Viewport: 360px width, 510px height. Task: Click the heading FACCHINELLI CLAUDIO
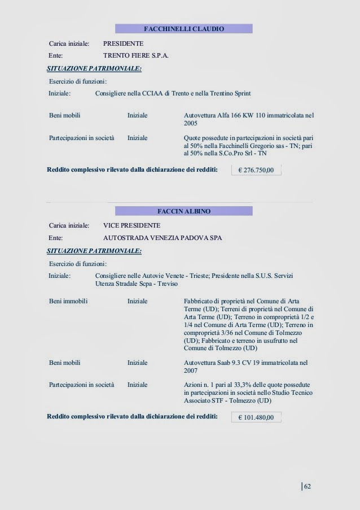pos(183,29)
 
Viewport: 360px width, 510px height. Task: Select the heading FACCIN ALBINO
pos(183,211)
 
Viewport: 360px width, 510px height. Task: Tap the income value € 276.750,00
pos(256,170)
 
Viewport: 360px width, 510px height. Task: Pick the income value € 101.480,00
pos(256,418)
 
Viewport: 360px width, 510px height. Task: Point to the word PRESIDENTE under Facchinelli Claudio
pos(123,43)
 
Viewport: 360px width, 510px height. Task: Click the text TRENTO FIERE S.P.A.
pos(136,56)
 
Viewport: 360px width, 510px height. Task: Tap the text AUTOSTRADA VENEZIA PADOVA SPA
pos(163,238)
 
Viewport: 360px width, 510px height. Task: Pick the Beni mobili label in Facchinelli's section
pos(64,115)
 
